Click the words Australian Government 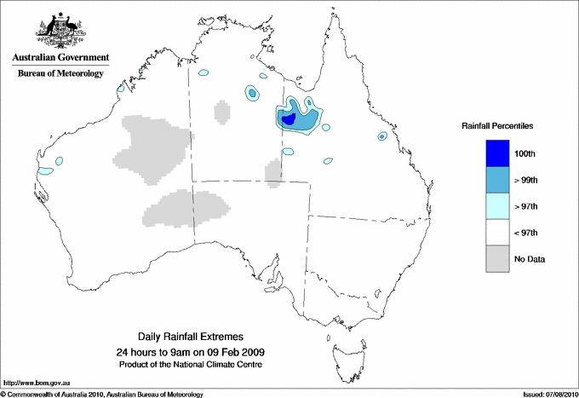60,58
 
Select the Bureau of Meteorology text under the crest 60,74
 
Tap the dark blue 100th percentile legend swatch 496,153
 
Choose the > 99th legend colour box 496,180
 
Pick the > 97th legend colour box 496,206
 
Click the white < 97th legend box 496,233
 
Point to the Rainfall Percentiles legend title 497,125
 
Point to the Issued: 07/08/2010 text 548,394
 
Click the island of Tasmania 341,349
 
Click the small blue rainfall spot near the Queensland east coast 382,136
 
